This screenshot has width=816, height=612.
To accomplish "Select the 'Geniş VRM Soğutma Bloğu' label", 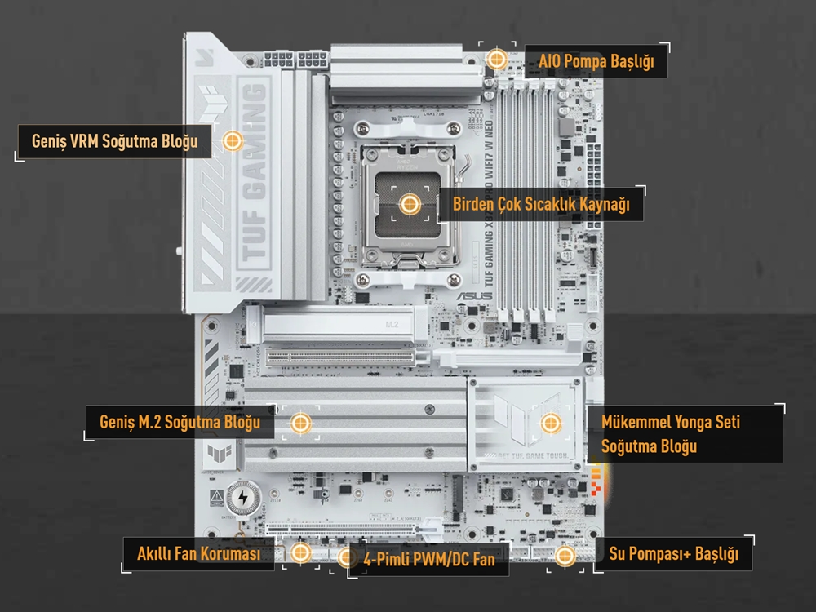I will tap(115, 141).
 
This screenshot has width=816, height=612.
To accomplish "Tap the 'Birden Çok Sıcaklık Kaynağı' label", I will tap(541, 204).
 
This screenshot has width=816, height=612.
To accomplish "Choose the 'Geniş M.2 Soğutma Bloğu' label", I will tap(180, 422).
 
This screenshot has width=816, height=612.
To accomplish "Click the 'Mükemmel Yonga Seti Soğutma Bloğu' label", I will tap(671, 434).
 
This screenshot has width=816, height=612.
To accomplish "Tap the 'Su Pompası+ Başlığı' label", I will tap(674, 555).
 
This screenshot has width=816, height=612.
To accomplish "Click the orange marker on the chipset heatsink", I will tap(550, 423).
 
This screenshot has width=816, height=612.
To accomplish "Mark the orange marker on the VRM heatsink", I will tap(233, 141).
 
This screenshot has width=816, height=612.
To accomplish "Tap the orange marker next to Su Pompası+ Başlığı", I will tap(565, 555).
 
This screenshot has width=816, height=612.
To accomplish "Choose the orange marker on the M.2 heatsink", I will tap(300, 422).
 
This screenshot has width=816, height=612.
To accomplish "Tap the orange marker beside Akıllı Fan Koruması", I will tap(300, 553).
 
